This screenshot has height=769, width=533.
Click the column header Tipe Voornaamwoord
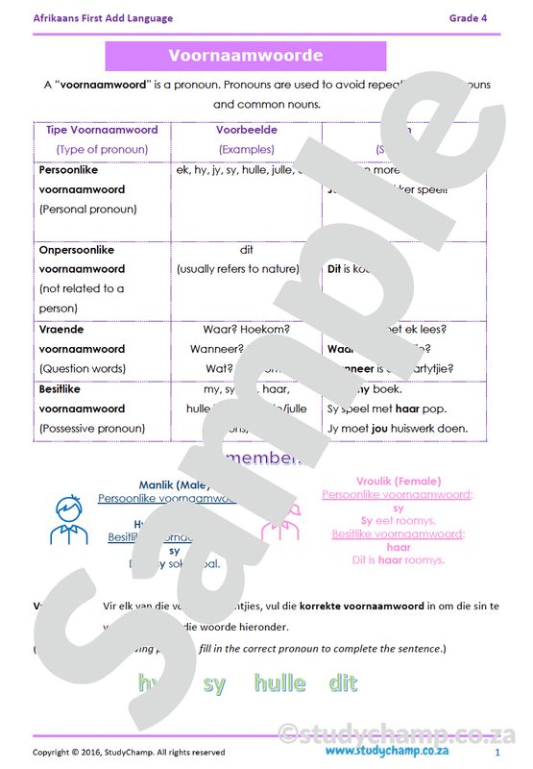[102, 129]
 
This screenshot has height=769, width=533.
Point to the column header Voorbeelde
[246, 129]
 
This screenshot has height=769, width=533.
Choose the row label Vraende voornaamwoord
[82, 338]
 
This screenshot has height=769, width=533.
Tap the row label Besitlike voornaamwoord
[82, 399]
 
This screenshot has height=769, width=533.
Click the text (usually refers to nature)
[237, 269]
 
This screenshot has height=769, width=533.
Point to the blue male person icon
[67, 520]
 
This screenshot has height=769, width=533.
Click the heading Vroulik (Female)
[398, 481]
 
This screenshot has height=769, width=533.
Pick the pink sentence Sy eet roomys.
[398, 520]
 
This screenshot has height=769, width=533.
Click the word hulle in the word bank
[279, 683]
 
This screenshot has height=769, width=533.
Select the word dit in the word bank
[342, 683]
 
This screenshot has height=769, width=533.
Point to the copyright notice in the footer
[129, 752]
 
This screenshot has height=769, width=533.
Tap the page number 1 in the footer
[497, 752]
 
